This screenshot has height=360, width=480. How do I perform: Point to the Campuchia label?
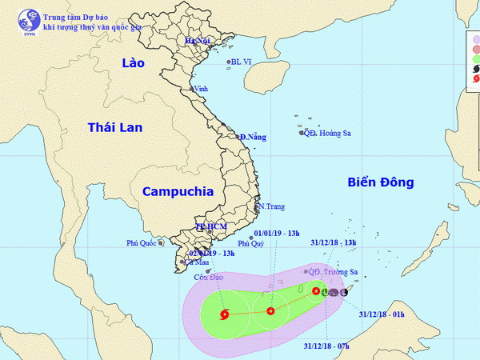[x=178, y=191]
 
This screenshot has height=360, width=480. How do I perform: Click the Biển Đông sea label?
[x=381, y=182]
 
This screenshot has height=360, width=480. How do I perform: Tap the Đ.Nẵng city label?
[x=252, y=138]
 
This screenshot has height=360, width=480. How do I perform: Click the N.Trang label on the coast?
[x=271, y=206]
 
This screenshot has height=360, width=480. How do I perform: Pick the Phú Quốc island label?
[x=142, y=242]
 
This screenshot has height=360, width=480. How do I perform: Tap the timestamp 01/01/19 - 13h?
[x=277, y=234]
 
